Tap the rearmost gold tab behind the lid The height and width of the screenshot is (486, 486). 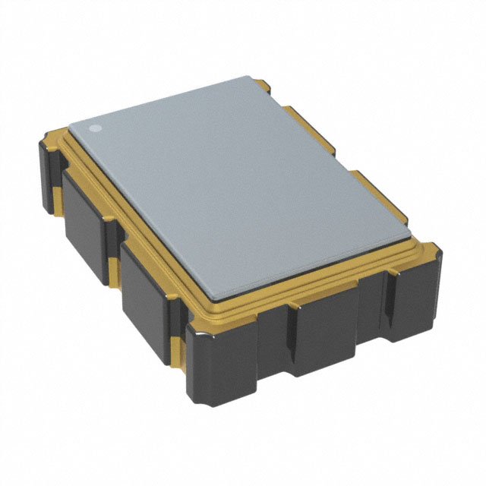click(276, 94)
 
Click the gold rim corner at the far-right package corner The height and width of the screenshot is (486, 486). click(429, 251)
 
